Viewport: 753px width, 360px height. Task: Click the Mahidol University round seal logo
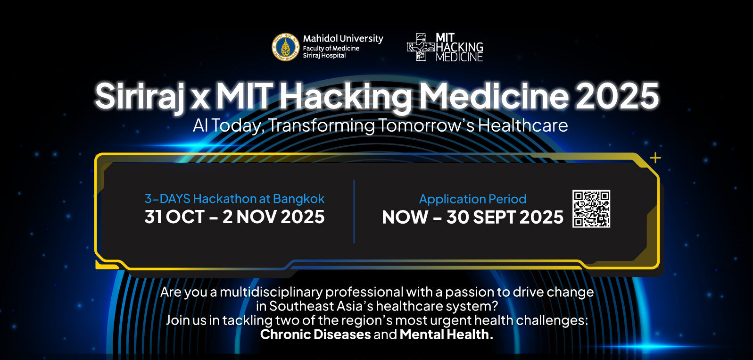coord(285,47)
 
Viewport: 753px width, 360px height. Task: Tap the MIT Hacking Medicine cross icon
coord(421,47)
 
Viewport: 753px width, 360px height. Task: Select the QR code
coord(591,209)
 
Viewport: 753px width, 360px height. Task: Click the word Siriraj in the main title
coord(140,96)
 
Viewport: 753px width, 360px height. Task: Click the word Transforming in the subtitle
coord(322,126)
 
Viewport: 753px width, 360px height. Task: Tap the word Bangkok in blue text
coord(298,199)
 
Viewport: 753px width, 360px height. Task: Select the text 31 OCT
coord(174,217)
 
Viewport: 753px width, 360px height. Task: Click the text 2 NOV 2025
coord(273,217)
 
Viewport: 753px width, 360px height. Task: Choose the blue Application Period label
coord(472,199)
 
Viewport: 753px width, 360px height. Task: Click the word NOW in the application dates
coord(405,218)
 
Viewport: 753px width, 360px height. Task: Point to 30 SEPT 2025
coord(505,218)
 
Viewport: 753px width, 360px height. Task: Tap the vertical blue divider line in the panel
coord(354,211)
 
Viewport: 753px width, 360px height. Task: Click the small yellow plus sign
coord(655,158)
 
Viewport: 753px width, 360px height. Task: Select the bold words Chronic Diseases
coord(315,335)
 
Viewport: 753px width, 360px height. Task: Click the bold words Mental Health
coord(446,335)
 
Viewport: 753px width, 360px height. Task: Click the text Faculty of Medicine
coord(331,49)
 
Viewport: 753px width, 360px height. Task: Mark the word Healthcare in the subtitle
coord(523,125)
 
